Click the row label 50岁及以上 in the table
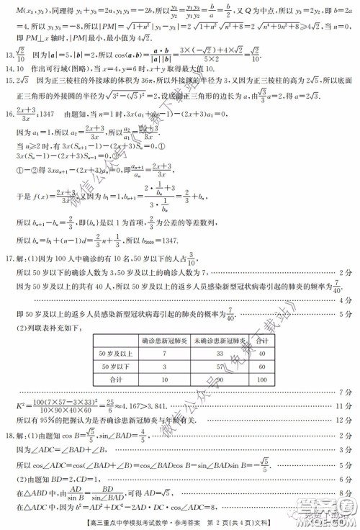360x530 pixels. tap(115, 354)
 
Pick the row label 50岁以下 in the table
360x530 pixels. tap(115, 366)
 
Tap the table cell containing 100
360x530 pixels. tap(263, 379)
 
